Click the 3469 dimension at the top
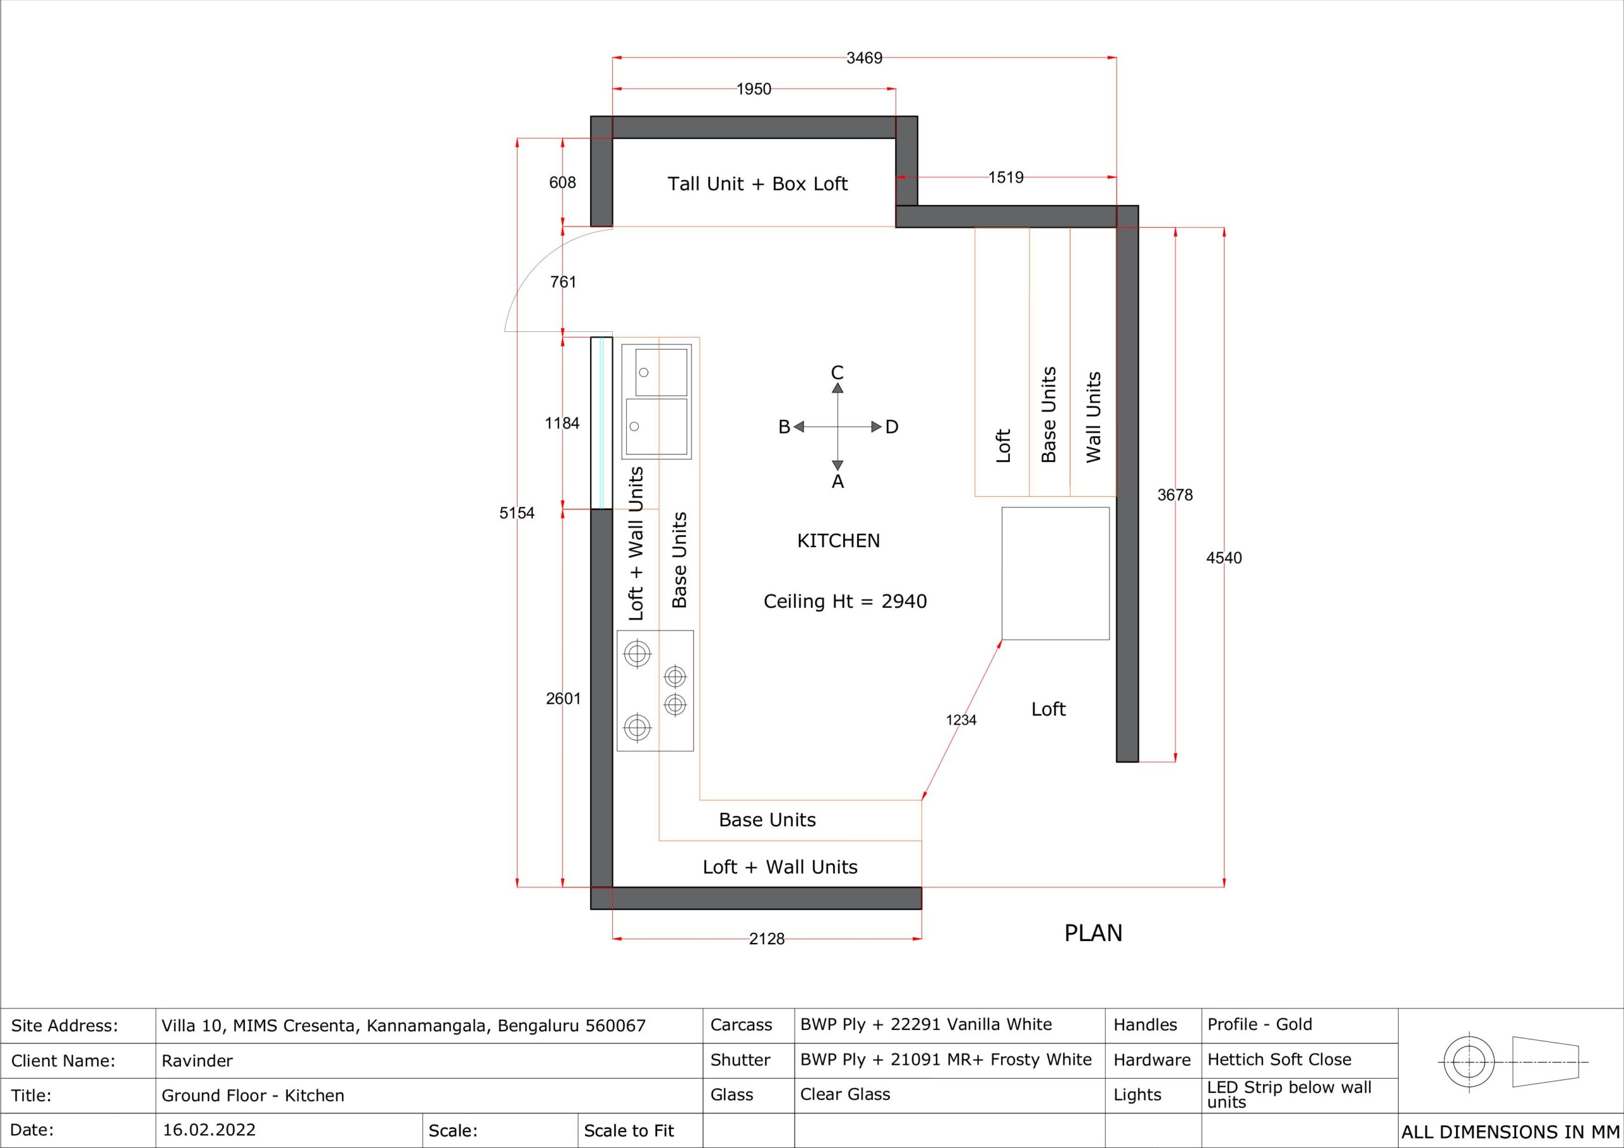tap(865, 58)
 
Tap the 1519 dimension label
tap(1006, 178)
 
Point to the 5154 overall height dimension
tap(517, 513)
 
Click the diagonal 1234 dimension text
tap(961, 720)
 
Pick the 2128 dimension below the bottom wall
tap(767, 939)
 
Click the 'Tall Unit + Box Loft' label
tap(757, 184)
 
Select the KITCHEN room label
tap(839, 541)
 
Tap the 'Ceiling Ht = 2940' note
tap(845, 602)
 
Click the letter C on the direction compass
tap(837, 373)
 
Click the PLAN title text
tap(1094, 934)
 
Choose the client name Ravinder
tap(197, 1061)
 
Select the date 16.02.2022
tap(209, 1130)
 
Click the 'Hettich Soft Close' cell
tap(1280, 1060)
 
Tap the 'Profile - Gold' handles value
tap(1260, 1024)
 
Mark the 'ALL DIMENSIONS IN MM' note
tap(1510, 1132)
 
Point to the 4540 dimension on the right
tap(1224, 558)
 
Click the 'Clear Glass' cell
tap(845, 1094)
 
